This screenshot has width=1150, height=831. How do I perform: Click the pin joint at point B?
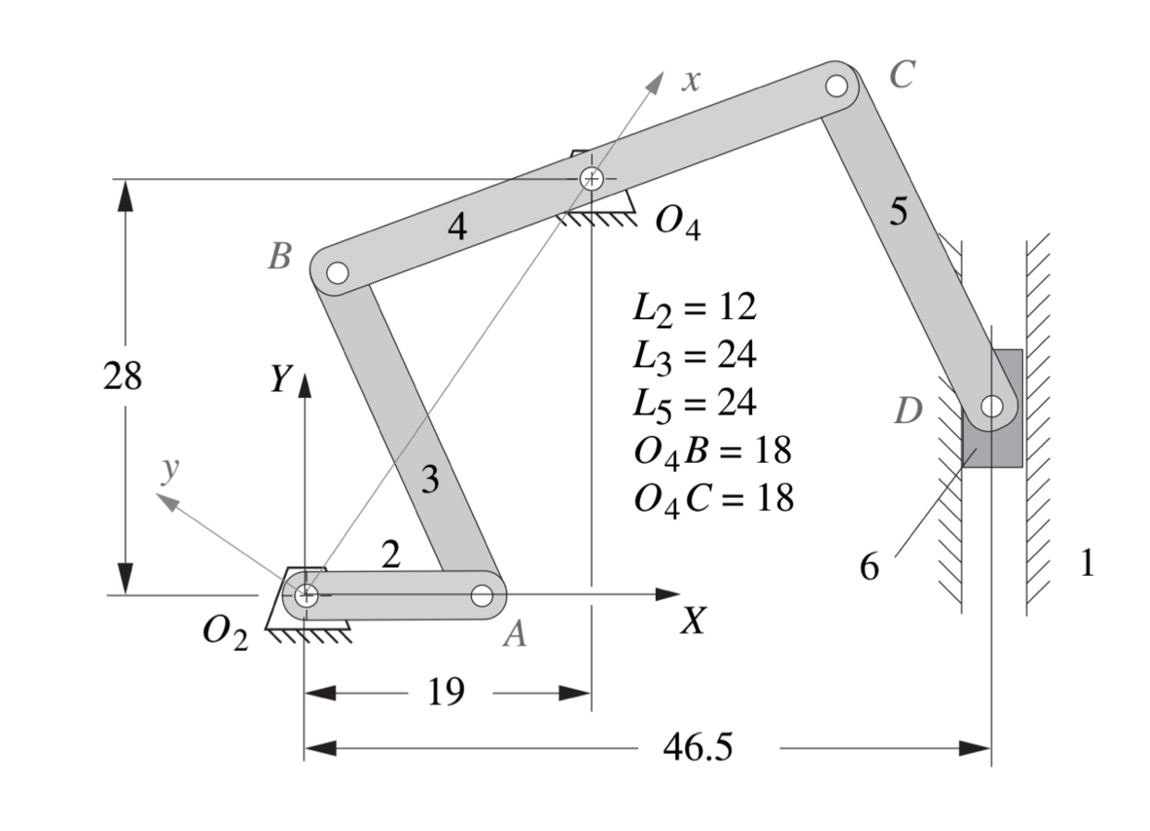(x=338, y=273)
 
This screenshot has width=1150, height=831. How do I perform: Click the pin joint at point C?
(x=836, y=86)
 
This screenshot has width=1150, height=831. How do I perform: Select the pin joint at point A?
(x=481, y=595)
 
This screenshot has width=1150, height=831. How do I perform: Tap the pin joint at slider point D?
(x=991, y=406)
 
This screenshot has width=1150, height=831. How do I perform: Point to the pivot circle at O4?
(x=591, y=178)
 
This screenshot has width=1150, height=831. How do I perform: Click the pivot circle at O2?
(x=305, y=594)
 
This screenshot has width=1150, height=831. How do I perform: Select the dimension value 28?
(x=123, y=377)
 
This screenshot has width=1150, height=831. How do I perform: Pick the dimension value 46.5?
(x=696, y=748)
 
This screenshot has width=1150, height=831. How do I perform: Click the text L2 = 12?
(x=694, y=308)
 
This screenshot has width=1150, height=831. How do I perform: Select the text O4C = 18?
(x=713, y=499)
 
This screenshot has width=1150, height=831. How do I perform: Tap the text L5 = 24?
(x=694, y=403)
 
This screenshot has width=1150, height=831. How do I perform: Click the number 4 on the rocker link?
(x=456, y=227)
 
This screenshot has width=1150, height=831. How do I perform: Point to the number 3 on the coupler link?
(x=428, y=480)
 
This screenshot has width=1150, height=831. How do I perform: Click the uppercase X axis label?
(x=691, y=622)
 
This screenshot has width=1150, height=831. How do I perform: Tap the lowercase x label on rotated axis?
(x=688, y=81)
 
